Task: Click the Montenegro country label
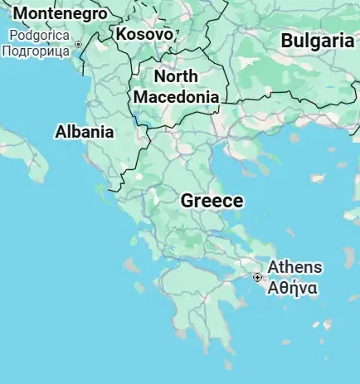61,13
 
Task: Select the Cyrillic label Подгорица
36,51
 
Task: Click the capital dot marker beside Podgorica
79,44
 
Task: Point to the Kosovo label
144,34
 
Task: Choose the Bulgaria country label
317,41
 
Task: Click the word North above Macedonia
176,76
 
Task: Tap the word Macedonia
177,96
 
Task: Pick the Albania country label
85,131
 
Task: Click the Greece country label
212,201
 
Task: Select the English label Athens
294,268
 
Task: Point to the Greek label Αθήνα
291,289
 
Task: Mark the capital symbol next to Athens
258,277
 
